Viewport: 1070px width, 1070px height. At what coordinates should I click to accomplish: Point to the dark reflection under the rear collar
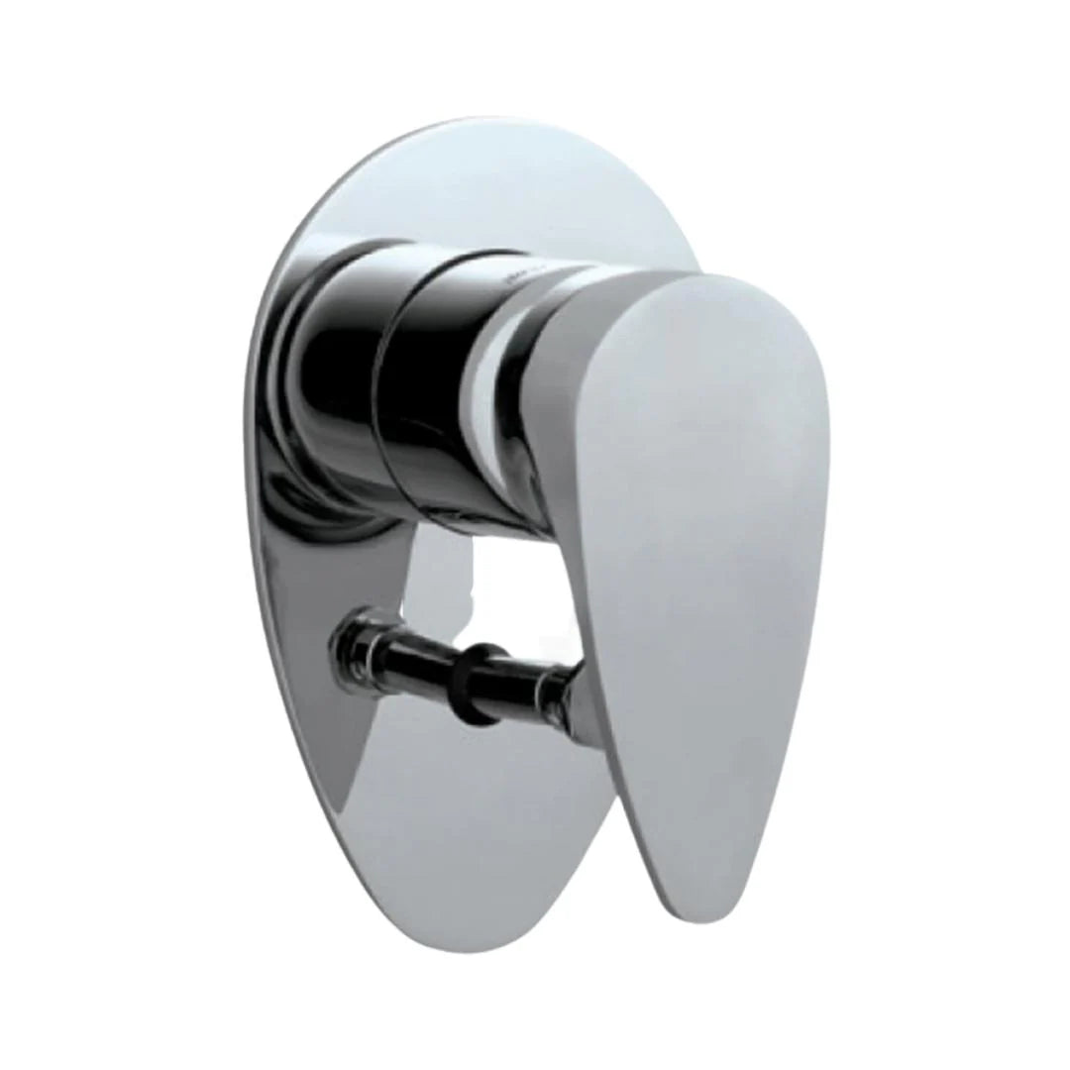(317, 505)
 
